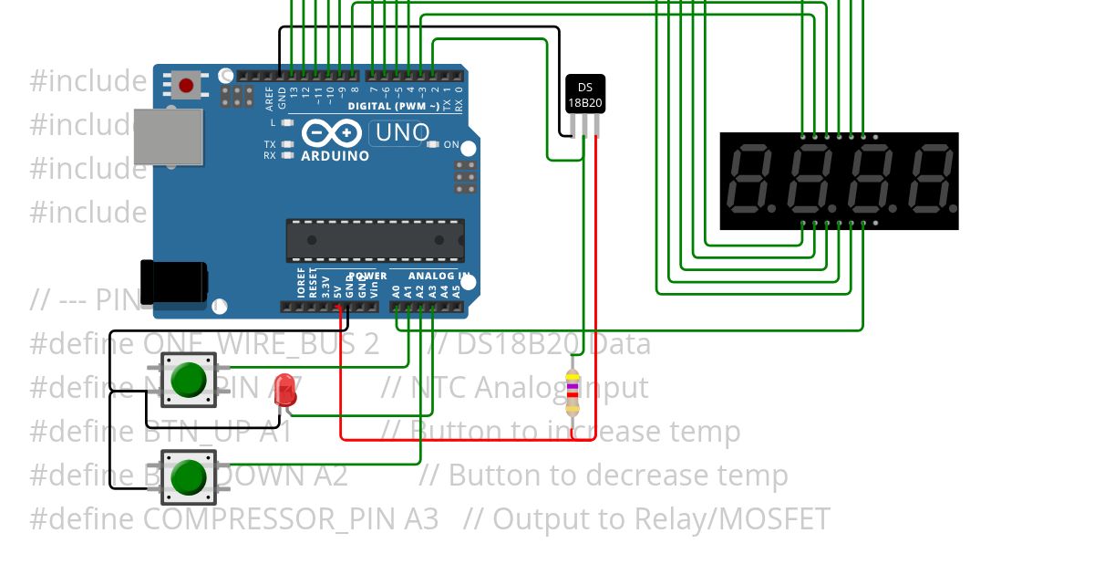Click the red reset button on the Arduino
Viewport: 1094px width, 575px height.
186,86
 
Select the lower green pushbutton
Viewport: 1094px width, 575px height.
188,476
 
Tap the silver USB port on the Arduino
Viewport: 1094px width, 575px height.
168,137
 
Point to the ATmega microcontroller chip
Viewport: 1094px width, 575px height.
375,240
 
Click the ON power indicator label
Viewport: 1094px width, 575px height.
450,145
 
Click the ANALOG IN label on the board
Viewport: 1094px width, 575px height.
439,276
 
